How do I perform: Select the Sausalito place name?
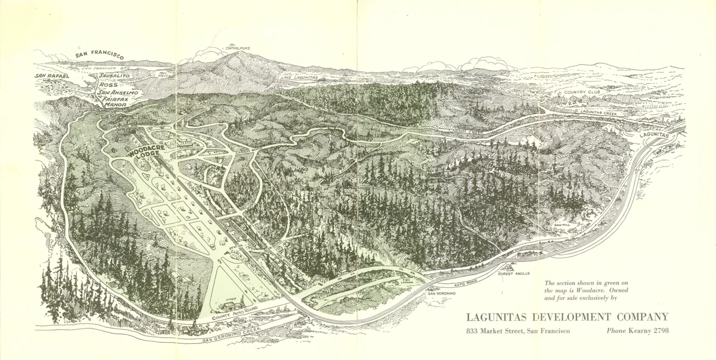point(114,75)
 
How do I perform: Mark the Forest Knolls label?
point(514,274)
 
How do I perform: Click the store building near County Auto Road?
point(232,305)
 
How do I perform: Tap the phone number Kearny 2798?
point(637,330)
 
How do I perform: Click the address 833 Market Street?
point(518,330)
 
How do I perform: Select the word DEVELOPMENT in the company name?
point(567,317)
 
